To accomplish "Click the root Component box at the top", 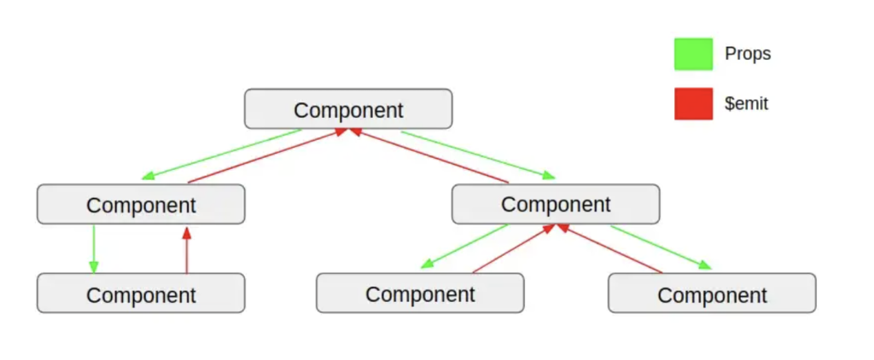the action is (x=348, y=108).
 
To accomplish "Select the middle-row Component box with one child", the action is (x=141, y=204).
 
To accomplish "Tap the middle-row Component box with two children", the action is (x=556, y=204).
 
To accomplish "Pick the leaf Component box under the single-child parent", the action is (x=141, y=293).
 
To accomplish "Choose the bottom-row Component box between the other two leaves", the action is (x=420, y=293).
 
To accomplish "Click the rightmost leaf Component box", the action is (x=713, y=293).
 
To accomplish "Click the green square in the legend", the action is (x=693, y=54).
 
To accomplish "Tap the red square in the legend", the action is (x=693, y=104).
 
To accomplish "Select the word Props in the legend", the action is (x=748, y=54).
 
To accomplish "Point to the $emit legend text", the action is (x=746, y=104).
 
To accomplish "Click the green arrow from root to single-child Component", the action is (x=221, y=154).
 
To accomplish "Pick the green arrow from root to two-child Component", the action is (x=478, y=155).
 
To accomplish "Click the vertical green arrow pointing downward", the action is (x=94, y=249).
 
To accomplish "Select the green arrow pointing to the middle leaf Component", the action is (x=464, y=247).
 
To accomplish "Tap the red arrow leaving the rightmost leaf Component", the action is (x=609, y=248).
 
